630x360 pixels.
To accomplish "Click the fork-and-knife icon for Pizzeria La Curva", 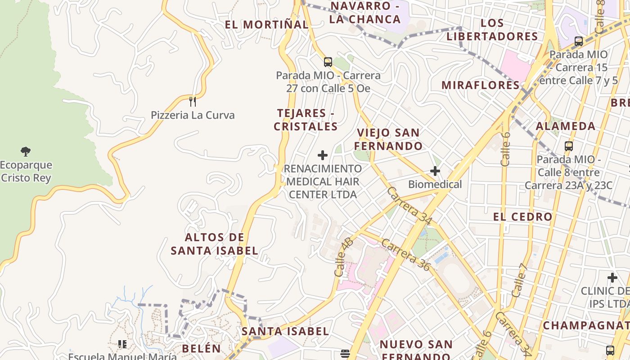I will pyautogui.click(x=193, y=101).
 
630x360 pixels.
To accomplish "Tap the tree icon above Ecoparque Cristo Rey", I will pyautogui.click(x=26, y=152).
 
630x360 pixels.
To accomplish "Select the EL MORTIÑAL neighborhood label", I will pyautogui.click(x=266, y=25).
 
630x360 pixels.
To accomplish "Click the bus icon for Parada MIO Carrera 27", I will pyautogui.click(x=328, y=62).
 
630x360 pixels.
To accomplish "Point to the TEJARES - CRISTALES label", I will pyautogui.click(x=306, y=120).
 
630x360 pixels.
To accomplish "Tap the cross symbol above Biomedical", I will pyautogui.click(x=435, y=171).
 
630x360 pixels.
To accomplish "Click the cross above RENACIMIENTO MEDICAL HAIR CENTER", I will pyautogui.click(x=323, y=155).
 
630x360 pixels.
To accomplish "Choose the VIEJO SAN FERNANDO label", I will pyautogui.click(x=388, y=139).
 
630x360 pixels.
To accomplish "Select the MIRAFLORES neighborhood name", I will pyautogui.click(x=481, y=85).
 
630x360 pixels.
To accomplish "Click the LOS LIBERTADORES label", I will pyautogui.click(x=492, y=30).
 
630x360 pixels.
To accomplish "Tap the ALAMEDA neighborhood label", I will pyautogui.click(x=566, y=126).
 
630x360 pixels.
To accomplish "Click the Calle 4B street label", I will pyautogui.click(x=343, y=257).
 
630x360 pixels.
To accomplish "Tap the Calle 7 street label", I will pyautogui.click(x=519, y=279).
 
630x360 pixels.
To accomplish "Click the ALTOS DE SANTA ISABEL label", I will pyautogui.click(x=215, y=244).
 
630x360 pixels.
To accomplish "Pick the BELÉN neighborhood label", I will pyautogui.click(x=202, y=348).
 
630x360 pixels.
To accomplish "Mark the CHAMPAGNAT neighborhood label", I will pyautogui.click(x=585, y=325).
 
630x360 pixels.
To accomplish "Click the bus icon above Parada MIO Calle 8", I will pyautogui.click(x=569, y=146).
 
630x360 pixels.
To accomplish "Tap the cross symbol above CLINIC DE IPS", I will pyautogui.click(x=612, y=278).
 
